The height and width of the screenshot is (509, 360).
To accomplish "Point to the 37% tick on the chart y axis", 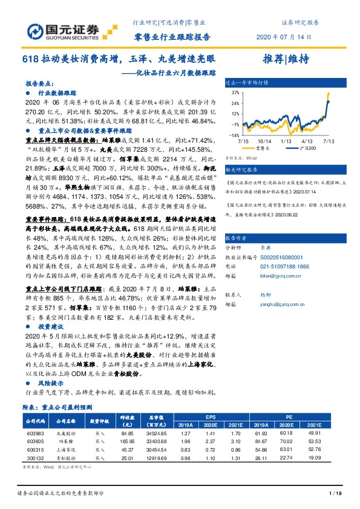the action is (234, 93).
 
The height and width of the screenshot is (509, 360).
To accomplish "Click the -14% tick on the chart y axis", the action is (234, 135).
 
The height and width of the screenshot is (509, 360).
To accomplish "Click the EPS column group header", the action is (211, 417).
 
